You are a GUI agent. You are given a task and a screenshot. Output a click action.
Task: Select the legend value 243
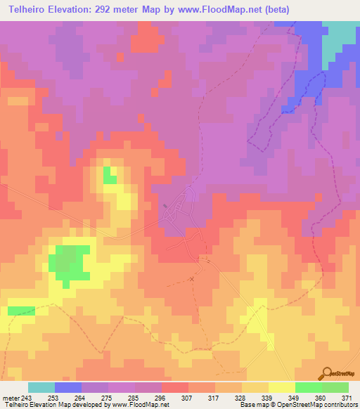(28, 397)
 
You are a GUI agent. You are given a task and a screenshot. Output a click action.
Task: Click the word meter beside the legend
(11, 397)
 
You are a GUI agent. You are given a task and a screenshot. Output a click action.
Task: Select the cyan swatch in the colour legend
(41, 387)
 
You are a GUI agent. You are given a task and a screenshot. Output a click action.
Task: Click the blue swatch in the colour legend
(67, 387)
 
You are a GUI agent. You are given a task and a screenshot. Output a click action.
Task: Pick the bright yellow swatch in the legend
(281, 387)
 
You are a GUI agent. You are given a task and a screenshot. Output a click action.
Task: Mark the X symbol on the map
(191, 279)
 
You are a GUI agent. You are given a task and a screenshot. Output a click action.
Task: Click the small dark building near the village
(166, 206)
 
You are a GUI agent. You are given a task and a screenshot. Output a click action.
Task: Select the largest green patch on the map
(68, 262)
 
